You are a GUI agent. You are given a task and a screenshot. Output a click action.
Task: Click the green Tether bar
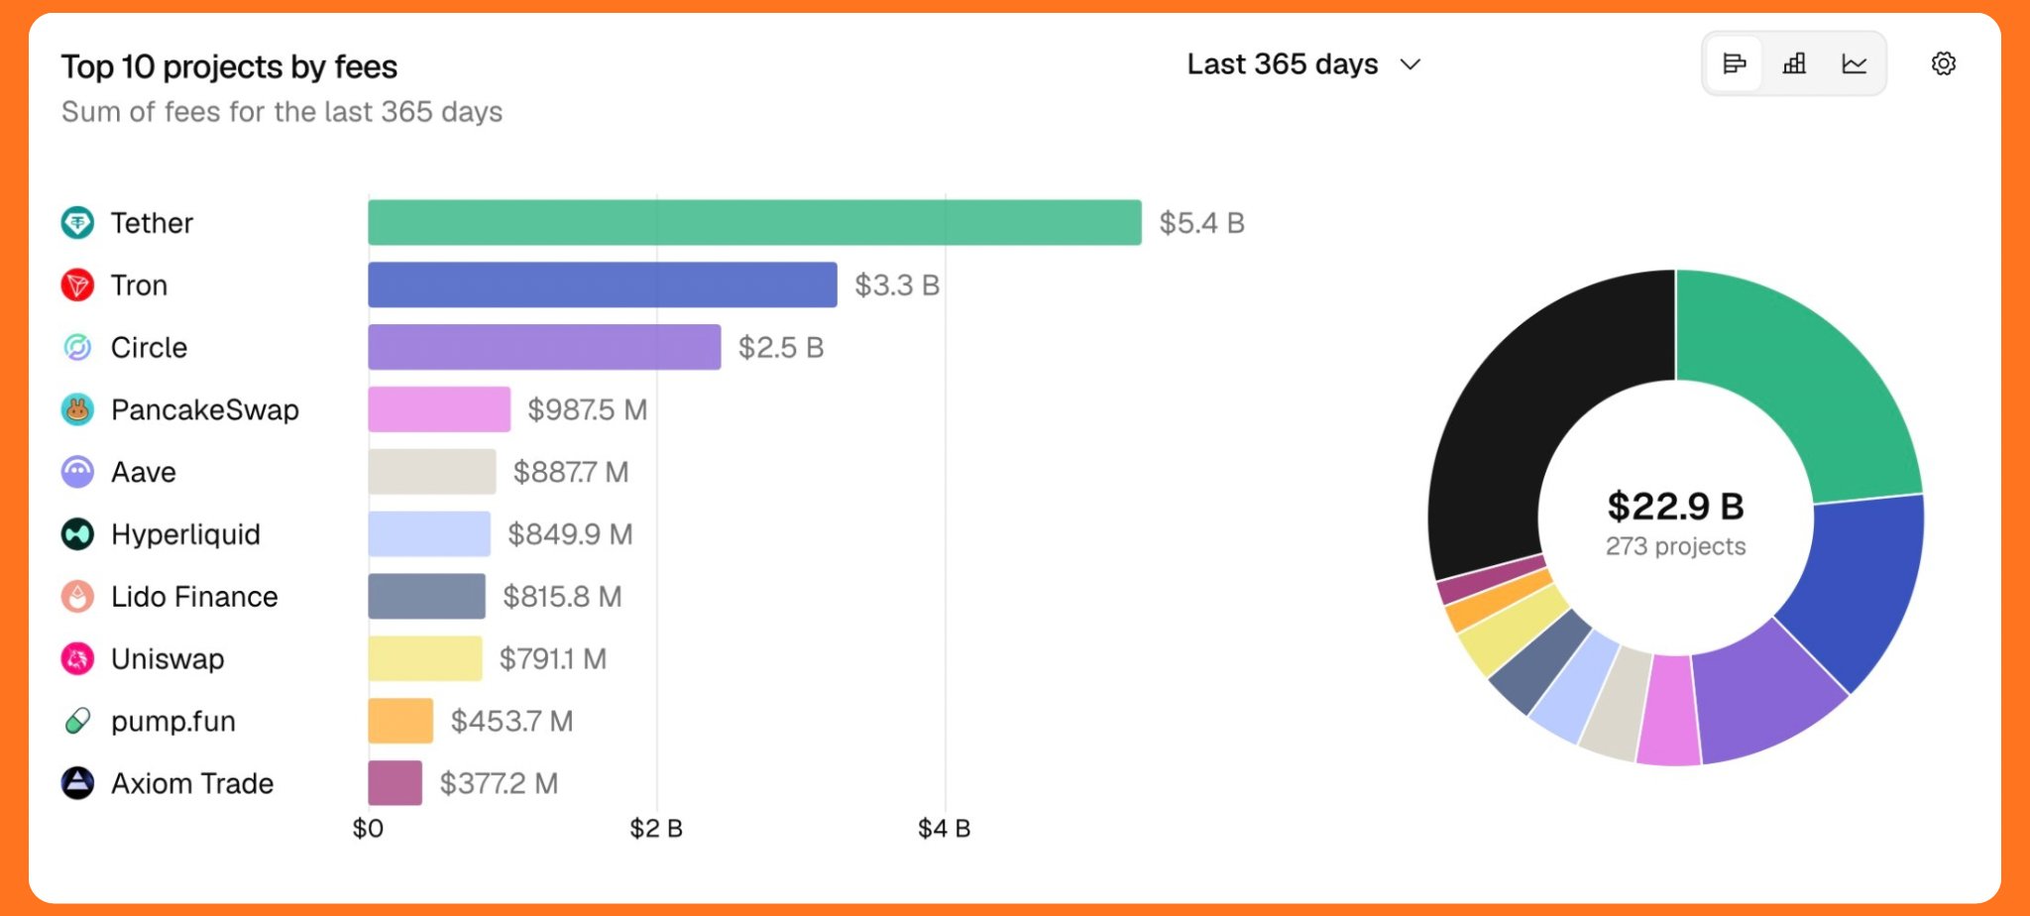(x=753, y=222)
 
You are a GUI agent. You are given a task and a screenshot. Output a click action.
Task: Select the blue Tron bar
(x=602, y=285)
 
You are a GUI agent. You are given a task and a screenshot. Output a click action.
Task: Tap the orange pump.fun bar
(x=400, y=721)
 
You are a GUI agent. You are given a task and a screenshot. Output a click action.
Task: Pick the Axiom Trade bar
(x=395, y=783)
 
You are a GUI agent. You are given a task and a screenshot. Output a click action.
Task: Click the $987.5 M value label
(x=587, y=409)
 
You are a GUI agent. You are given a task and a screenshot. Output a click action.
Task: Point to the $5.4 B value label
(x=1201, y=222)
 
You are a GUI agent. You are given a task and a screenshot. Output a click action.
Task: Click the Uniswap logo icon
(x=77, y=658)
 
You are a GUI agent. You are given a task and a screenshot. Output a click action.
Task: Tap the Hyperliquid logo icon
(x=77, y=534)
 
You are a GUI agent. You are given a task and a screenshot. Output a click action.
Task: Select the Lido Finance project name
(x=194, y=597)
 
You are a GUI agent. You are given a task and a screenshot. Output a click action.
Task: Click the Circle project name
(x=149, y=348)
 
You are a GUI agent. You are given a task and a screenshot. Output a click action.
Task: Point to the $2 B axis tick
(x=656, y=829)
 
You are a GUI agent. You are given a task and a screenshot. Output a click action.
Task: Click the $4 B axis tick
(x=944, y=829)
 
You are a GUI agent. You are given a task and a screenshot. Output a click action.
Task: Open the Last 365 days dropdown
(x=1303, y=64)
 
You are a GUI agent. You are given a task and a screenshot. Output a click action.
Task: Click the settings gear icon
(x=1943, y=64)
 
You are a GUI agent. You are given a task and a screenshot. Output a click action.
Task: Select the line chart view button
(x=1854, y=64)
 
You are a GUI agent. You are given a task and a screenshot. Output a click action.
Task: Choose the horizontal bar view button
(x=1735, y=64)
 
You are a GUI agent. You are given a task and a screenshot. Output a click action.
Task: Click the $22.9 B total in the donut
(x=1675, y=507)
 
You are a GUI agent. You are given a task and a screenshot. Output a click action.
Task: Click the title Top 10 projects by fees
(x=229, y=66)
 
